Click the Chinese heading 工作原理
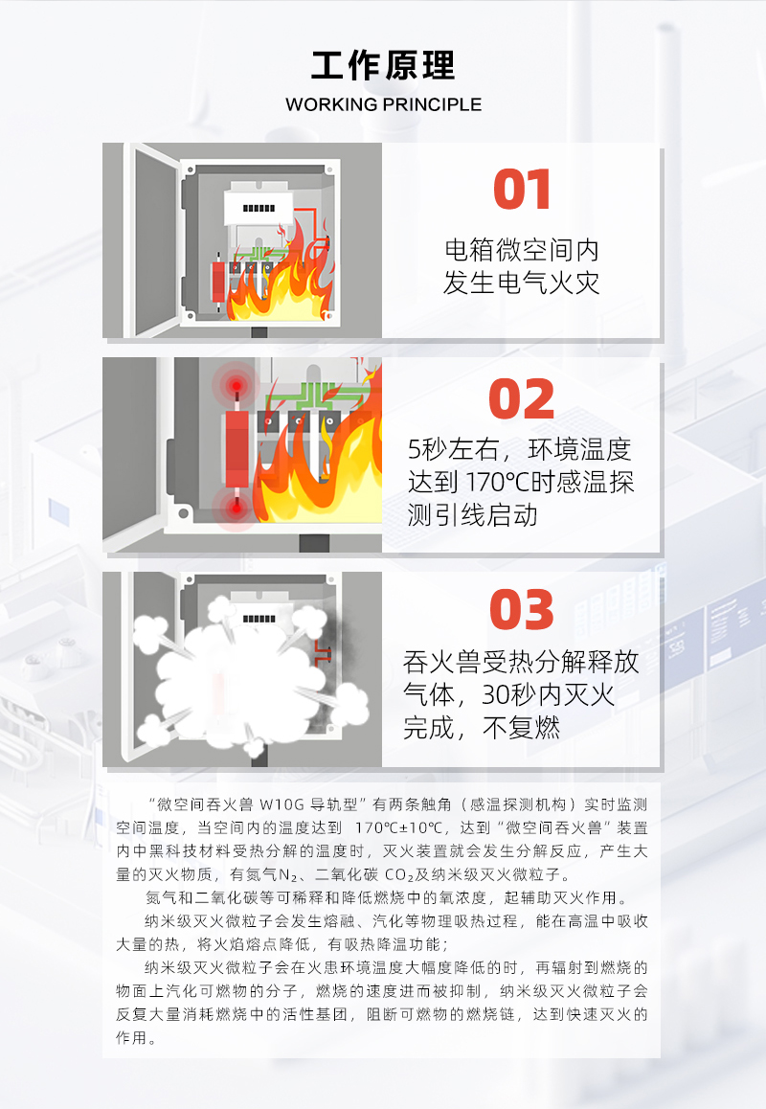[x=383, y=66]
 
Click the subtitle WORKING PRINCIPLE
[x=383, y=104]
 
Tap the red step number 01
[x=522, y=190]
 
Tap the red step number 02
[x=521, y=399]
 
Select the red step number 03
[x=521, y=610]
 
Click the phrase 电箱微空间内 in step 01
[x=521, y=250]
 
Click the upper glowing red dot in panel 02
[x=237, y=386]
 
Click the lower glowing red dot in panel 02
[x=237, y=508]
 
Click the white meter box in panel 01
[x=259, y=208]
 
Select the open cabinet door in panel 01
[x=152, y=239]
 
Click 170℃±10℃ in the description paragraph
[x=399, y=828]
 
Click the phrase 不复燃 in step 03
[x=521, y=728]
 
